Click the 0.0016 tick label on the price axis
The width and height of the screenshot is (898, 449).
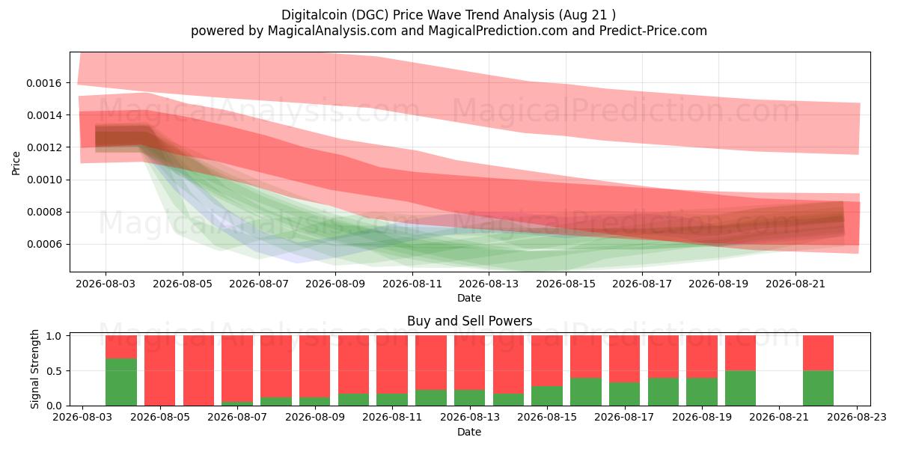(x=43, y=83)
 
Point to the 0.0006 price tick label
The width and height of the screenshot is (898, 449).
(x=43, y=244)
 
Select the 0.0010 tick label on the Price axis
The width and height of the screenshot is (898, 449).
(x=43, y=180)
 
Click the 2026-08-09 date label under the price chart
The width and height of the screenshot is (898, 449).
(x=335, y=284)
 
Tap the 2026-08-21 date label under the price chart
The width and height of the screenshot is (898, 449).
(x=795, y=284)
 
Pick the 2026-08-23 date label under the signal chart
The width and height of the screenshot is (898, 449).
(x=857, y=417)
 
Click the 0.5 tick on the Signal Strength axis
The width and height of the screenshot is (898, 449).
(x=54, y=371)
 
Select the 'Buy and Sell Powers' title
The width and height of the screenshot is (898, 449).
(x=469, y=321)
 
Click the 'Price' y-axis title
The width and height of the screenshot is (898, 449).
(x=16, y=163)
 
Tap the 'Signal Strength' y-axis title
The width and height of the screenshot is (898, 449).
(x=34, y=369)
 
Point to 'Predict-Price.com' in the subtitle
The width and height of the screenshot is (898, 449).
(x=653, y=31)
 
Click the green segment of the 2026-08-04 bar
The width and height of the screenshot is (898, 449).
(x=121, y=382)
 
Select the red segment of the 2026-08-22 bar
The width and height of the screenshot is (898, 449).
(x=818, y=352)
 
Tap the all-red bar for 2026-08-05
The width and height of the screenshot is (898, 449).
(x=159, y=370)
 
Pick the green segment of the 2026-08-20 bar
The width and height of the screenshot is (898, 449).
(x=740, y=388)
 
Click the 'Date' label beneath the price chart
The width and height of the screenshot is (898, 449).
(x=469, y=298)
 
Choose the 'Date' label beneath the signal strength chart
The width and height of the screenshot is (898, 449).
(x=469, y=432)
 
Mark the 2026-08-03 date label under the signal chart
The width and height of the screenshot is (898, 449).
(x=82, y=417)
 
